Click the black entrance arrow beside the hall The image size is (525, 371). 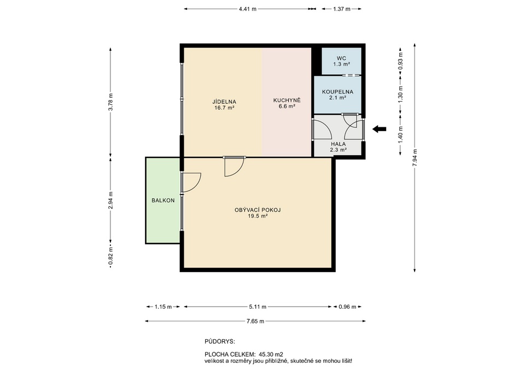pos(380,129)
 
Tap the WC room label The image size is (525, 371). pos(341,58)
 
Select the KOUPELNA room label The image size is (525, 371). pos(337,92)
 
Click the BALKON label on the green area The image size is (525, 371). pos(163,201)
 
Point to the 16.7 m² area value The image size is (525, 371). pos(224,108)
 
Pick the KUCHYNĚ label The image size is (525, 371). pos(287,100)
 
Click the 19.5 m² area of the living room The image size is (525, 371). pos(258,216)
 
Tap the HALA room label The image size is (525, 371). pos(338,144)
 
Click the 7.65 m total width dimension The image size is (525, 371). pos(255,321)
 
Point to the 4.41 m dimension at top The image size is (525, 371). pos(247,9)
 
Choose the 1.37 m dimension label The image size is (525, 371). pos(341,9)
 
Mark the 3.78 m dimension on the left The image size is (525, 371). pos(111,102)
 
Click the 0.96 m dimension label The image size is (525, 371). pos(348,307)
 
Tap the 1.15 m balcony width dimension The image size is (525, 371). pos(163,307)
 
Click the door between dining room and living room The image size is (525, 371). pos(235,166)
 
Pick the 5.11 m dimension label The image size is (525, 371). pos(258,307)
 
